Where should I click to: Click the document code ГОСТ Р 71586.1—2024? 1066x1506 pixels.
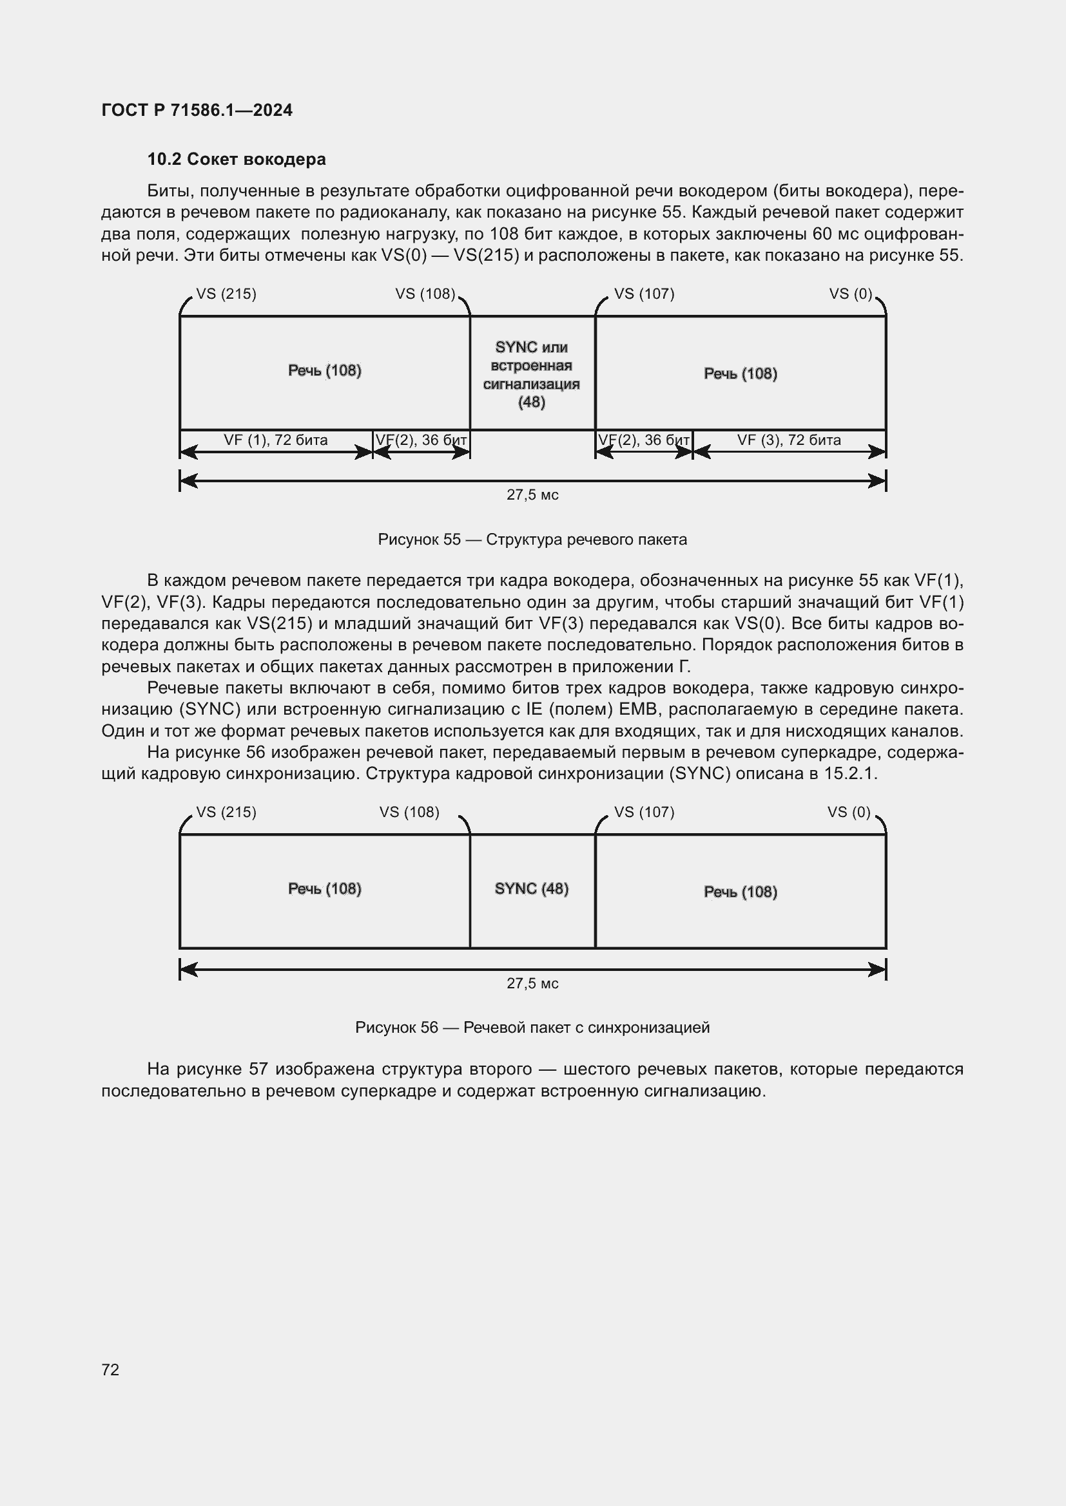pos(197,110)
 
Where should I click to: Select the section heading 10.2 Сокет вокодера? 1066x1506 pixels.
pos(237,160)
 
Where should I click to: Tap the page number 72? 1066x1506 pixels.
pos(110,1370)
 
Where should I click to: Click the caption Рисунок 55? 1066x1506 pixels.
pos(532,540)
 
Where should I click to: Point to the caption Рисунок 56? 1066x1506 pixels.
pos(532,1027)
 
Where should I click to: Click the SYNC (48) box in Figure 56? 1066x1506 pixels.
pos(532,889)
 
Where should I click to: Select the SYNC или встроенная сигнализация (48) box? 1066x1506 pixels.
pos(532,375)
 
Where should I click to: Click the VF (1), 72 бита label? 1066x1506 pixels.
pos(276,440)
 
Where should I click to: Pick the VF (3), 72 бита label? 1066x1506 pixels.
pos(789,440)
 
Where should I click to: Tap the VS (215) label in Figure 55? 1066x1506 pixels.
pos(226,294)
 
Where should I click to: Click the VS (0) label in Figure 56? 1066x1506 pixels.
pos(849,812)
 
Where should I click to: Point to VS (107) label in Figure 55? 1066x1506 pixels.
pos(644,294)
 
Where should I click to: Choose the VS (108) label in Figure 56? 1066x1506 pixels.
pos(409,812)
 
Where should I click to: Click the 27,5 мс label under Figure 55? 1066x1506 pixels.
pos(532,495)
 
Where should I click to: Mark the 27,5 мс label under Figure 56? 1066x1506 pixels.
pos(532,983)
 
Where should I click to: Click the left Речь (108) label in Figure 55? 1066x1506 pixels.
pos(325,371)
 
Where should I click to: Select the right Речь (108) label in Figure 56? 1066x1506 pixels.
pos(741,892)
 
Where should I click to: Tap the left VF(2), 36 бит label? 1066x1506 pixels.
pos(422,440)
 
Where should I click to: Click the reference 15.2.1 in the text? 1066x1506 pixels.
pos(850,774)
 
